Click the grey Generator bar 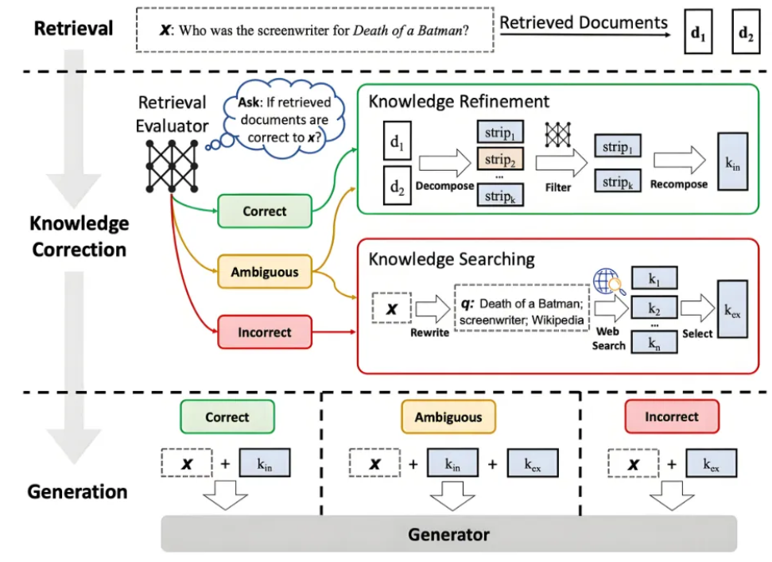pyautogui.click(x=448, y=533)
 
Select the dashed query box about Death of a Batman pyautogui.click(x=314, y=30)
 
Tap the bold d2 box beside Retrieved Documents pyautogui.click(x=745, y=33)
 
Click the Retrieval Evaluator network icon pyautogui.click(x=170, y=162)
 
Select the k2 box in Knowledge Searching pyautogui.click(x=654, y=308)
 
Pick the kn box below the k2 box pyautogui.click(x=654, y=343)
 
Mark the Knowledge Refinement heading pyautogui.click(x=458, y=101)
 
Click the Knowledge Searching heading pyautogui.click(x=451, y=259)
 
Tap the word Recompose pyautogui.click(x=678, y=184)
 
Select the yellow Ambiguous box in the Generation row pyautogui.click(x=448, y=417)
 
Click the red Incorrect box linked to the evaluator pyautogui.click(x=265, y=332)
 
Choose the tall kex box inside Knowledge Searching pyautogui.click(x=732, y=308)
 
